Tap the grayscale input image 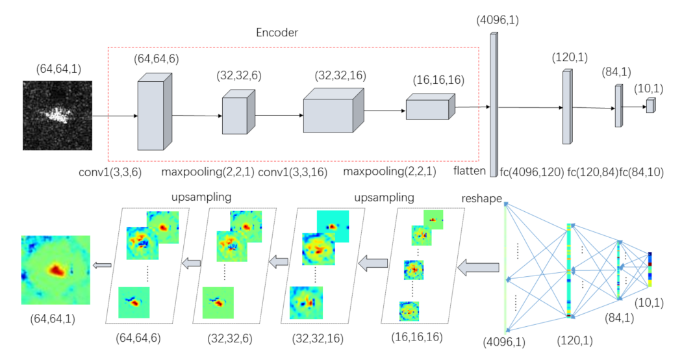point(55,116)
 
